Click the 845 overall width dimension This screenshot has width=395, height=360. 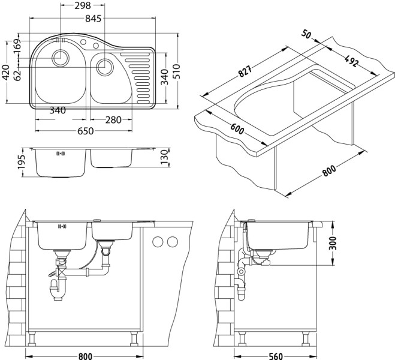point(93,19)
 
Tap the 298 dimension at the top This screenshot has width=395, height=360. point(83,6)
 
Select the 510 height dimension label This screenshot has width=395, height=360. point(177,71)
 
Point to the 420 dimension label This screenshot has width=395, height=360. point(5,73)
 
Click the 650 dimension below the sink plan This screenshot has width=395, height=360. point(85,131)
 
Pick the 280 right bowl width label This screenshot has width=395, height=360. point(113,120)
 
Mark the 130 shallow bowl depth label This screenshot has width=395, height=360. point(164,157)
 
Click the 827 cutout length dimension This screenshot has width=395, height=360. point(245,71)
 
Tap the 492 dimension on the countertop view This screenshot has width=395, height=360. point(351,61)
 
